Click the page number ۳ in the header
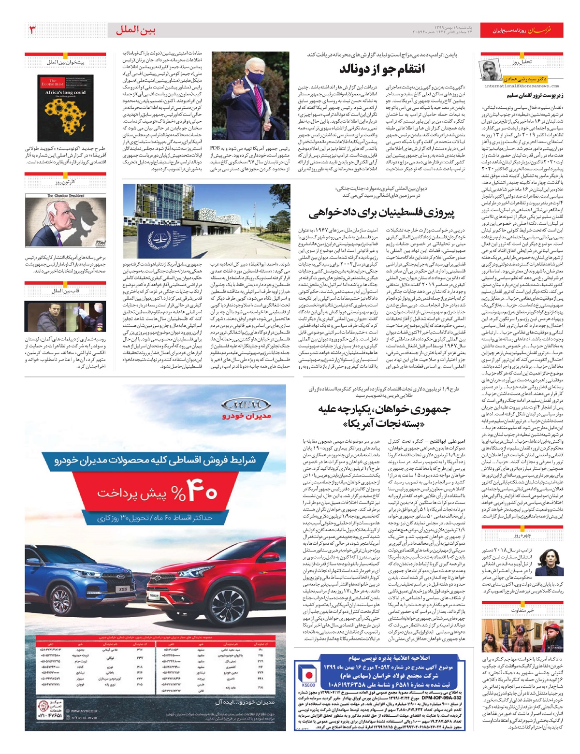coord(33,30)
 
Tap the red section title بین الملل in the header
coord(136,30)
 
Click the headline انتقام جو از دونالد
coord(381,69)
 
